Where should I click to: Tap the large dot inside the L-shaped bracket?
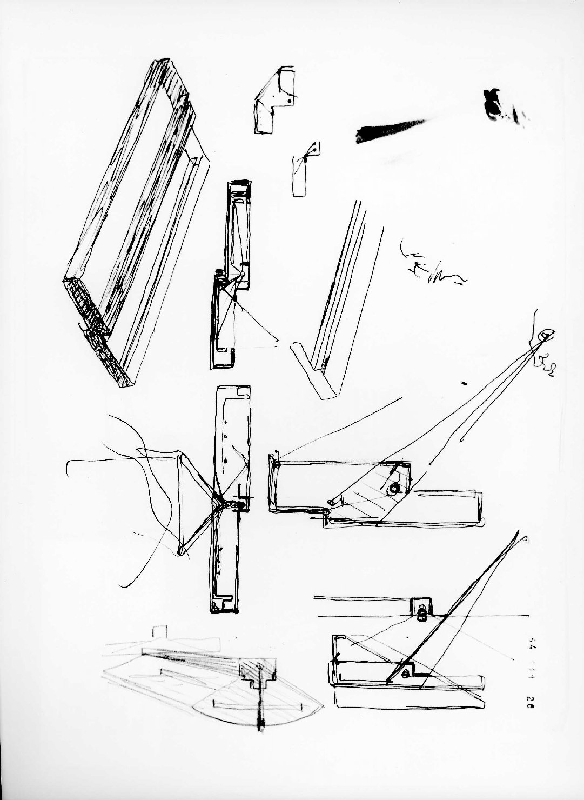pos(290,100)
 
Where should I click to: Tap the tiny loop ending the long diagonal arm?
pos(526,539)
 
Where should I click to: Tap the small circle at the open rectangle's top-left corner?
pos(277,463)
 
